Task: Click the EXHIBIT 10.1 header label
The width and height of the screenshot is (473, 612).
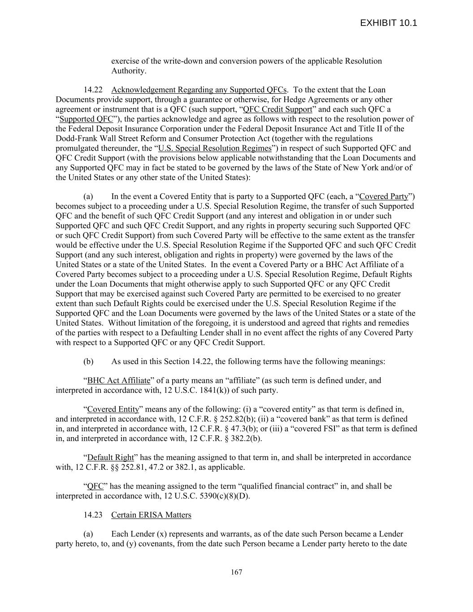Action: pos(388,23)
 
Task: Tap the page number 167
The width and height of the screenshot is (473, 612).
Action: pos(236,572)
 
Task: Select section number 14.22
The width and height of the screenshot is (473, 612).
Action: pos(93,90)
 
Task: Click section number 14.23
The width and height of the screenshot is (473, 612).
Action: pos(93,515)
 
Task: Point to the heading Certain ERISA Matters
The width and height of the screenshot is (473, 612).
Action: pos(151,515)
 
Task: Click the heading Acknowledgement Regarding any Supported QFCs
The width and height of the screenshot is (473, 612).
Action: pos(199,90)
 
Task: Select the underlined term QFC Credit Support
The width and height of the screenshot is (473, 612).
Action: pos(277,109)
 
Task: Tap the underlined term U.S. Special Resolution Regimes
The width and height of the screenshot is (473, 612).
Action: pos(215,148)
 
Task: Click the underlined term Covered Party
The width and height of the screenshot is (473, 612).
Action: pos(384,196)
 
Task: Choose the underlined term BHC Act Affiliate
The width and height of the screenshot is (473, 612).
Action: pos(119,381)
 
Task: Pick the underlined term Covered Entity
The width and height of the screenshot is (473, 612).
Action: pos(113,409)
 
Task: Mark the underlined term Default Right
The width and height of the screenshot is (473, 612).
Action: pos(110,458)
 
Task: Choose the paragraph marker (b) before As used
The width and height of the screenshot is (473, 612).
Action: pos(88,361)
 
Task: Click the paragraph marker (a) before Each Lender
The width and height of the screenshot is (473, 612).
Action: pos(88,534)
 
